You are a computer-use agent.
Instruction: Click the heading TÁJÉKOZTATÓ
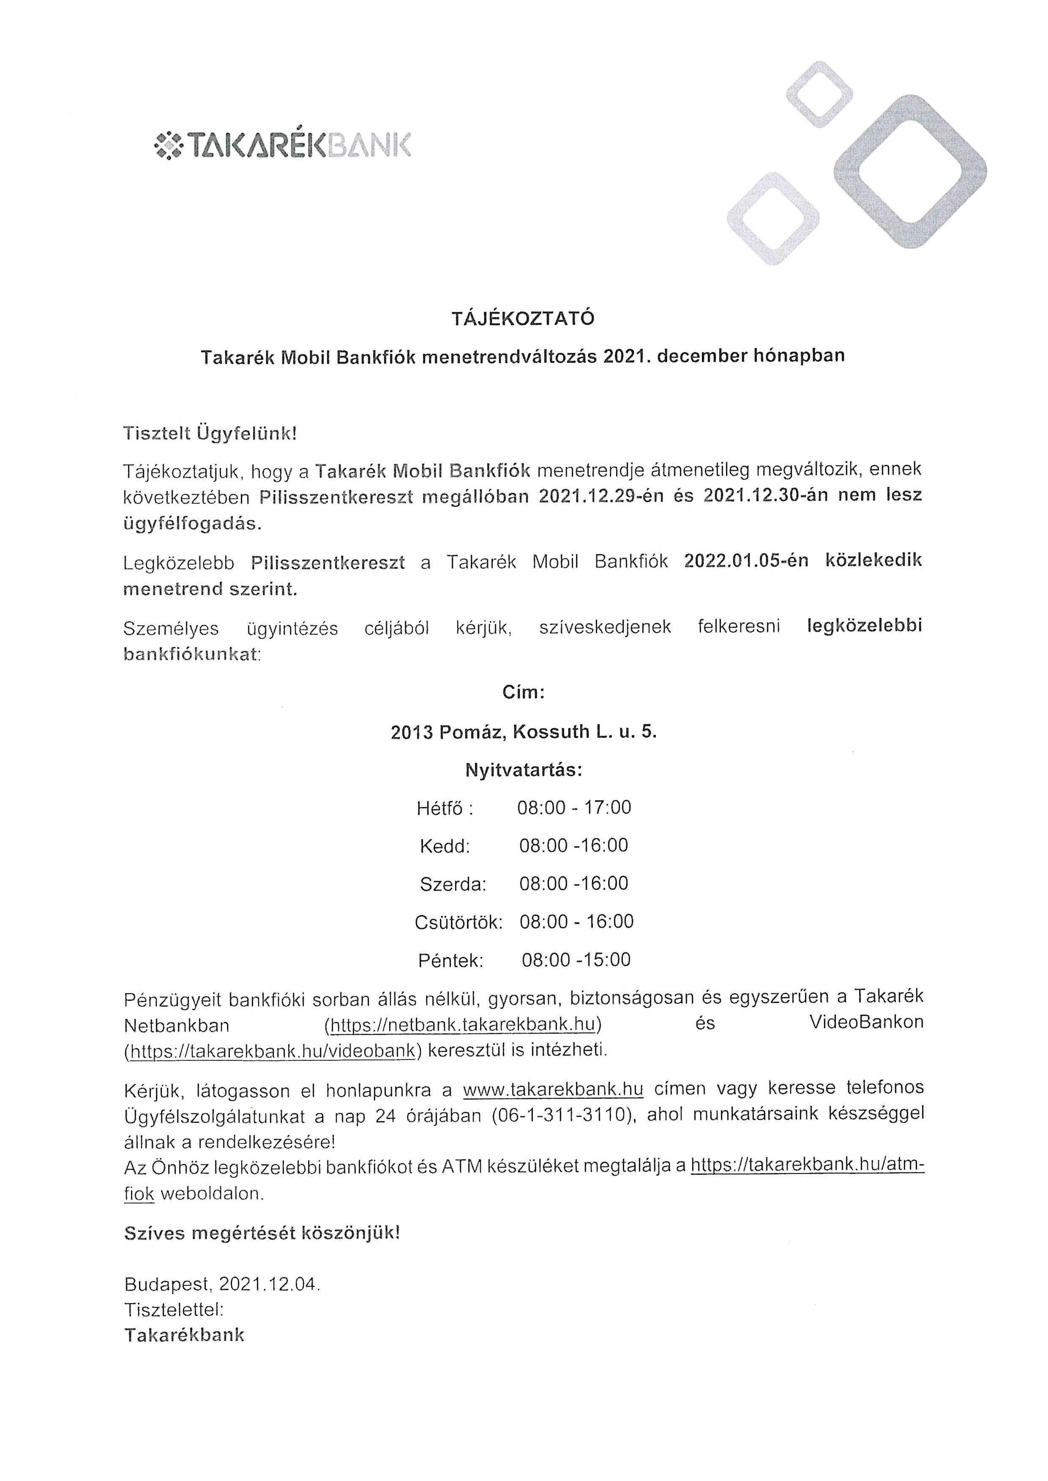pos(523,319)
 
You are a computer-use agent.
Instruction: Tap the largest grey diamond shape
pos(910,171)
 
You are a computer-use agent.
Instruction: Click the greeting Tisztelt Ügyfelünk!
pos(210,433)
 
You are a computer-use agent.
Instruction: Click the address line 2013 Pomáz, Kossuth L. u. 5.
pos(523,732)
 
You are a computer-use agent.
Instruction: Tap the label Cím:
pos(523,693)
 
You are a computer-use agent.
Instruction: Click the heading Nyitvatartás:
pos(523,770)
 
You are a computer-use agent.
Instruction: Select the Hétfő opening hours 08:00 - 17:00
pos(574,807)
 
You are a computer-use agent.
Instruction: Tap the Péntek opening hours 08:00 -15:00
pos(576,960)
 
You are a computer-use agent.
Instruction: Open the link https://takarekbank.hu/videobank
pos(272,1051)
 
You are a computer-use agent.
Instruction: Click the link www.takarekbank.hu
pos(553,1090)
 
